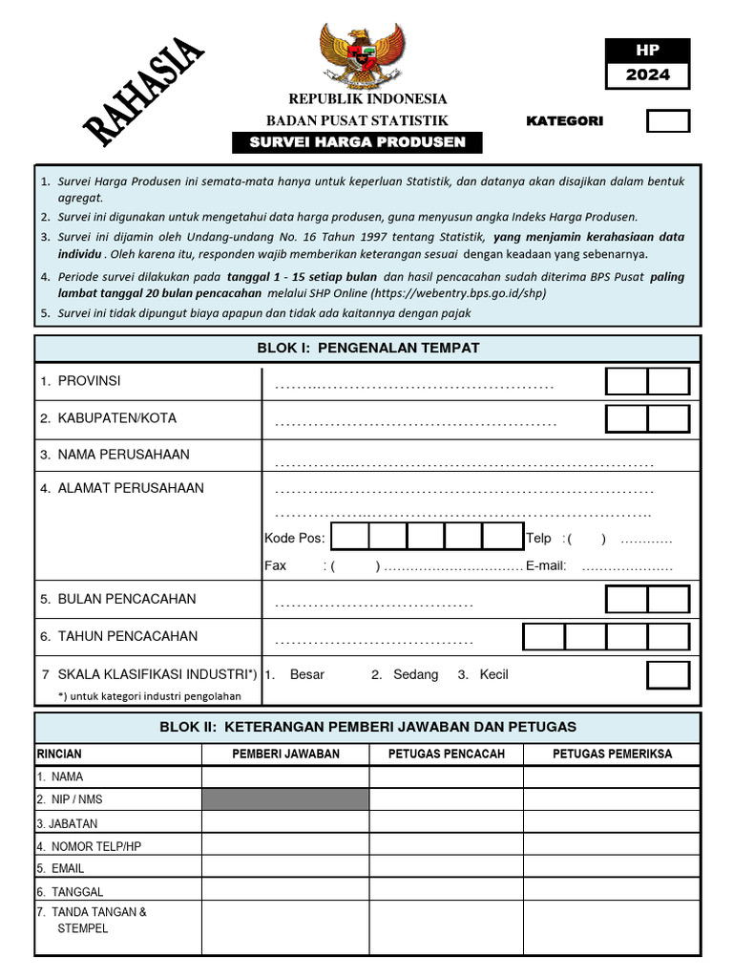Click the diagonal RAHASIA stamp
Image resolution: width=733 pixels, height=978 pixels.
pos(144,92)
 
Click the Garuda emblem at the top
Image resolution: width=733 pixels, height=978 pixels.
pos(362,55)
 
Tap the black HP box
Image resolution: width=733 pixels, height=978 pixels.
pos(647,51)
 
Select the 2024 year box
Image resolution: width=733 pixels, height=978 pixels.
pos(647,74)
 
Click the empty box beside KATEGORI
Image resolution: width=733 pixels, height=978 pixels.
pos(667,121)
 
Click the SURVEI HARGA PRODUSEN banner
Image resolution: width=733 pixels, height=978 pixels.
pos(357,142)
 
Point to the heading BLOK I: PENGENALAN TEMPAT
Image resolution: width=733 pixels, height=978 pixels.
pos(367,348)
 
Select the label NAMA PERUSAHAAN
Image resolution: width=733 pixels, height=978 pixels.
pos(123,455)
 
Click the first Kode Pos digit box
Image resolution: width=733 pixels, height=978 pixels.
pos(350,537)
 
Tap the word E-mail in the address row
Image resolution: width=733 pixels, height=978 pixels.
pos(546,565)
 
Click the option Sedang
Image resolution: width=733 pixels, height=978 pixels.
pos(415,674)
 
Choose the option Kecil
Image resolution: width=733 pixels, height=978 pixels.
pos(493,674)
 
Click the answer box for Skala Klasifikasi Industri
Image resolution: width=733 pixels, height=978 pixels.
pos(667,674)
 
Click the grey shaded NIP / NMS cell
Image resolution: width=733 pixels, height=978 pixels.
pos(284,799)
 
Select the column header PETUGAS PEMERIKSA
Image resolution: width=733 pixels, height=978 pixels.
pos(612,754)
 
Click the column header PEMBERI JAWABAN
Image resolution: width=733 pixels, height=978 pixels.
pos(285,754)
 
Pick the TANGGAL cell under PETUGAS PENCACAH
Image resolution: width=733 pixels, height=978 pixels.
pos(446,891)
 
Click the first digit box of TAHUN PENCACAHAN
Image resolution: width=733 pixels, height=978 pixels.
pos(543,636)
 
